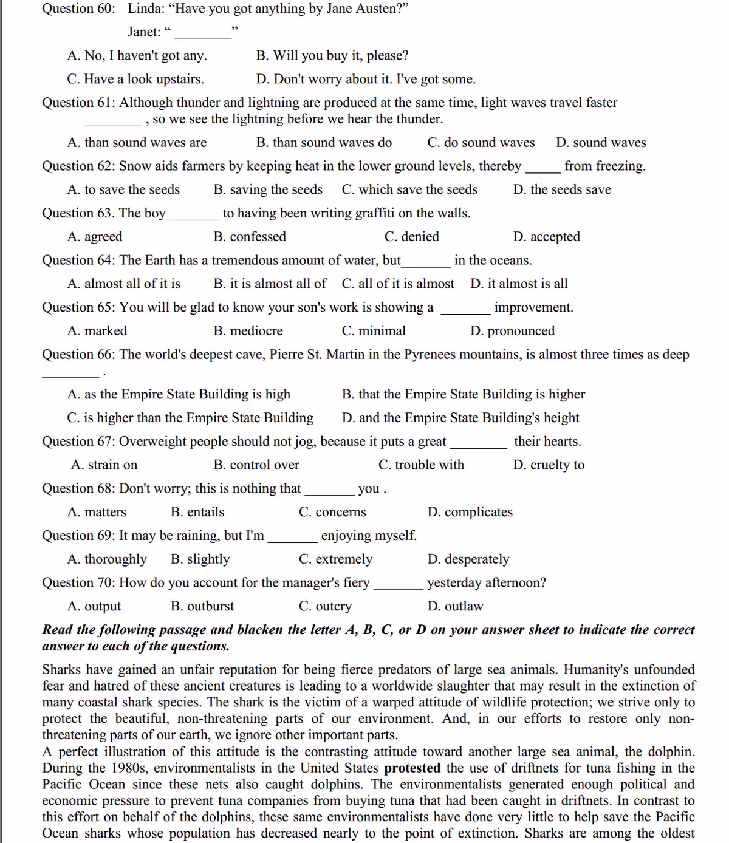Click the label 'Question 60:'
pyautogui.click(x=78, y=9)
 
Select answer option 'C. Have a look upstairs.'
pyautogui.click(x=135, y=79)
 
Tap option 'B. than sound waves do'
pyautogui.click(x=324, y=143)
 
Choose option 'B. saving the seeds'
pyautogui.click(x=268, y=189)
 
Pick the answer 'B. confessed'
pyautogui.click(x=250, y=237)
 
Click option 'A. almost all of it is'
pyautogui.click(x=124, y=284)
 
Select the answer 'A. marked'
pyautogui.click(x=97, y=331)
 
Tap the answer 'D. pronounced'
pyautogui.click(x=512, y=331)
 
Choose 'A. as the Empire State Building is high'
pyautogui.click(x=179, y=394)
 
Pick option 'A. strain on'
pyautogui.click(x=104, y=465)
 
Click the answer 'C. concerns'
pyautogui.click(x=332, y=512)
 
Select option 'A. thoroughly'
pyautogui.click(x=107, y=559)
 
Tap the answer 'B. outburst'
pyautogui.click(x=202, y=606)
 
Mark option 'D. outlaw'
pyautogui.click(x=455, y=606)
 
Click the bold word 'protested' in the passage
pyautogui.click(x=412, y=768)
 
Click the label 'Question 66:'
pyautogui.click(x=78, y=355)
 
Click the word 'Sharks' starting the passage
pyautogui.click(x=61, y=670)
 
